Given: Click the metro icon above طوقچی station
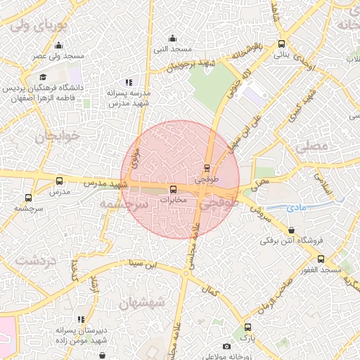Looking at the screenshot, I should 206,168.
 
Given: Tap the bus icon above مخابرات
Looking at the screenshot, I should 174,189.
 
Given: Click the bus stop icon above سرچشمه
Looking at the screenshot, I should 28,198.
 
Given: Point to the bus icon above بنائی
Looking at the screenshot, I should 281,43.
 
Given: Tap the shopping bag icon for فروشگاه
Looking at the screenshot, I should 292,230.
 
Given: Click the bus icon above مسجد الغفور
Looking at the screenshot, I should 321,259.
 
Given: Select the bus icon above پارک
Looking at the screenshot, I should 247,327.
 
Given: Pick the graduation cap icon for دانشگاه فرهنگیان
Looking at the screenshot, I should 43,77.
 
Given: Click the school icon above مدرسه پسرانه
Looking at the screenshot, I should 128,82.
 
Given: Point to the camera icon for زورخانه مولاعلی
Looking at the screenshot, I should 226,347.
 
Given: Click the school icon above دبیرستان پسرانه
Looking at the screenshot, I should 82,319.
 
